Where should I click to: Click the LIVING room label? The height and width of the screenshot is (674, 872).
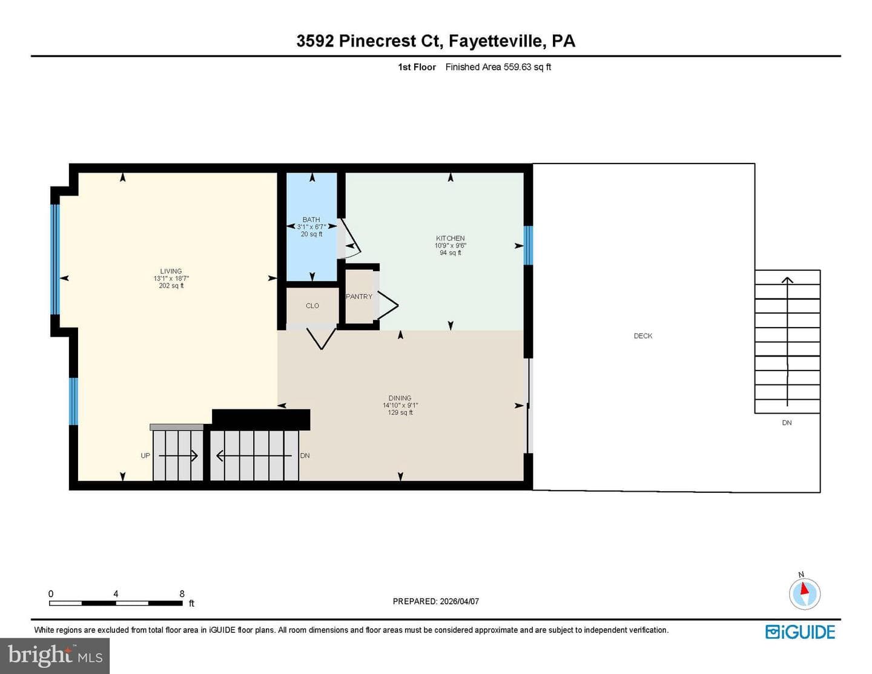point(171,271)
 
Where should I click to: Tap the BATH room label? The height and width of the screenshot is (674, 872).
point(311,219)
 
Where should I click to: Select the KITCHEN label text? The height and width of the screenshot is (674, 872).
point(451,239)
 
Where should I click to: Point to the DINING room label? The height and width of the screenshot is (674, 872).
point(400,398)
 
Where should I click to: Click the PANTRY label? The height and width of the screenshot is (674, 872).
point(359,297)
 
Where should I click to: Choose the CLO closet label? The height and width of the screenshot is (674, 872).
point(312,306)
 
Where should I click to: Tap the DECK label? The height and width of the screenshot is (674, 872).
point(643,336)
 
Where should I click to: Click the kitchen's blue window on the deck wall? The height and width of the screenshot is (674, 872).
point(528,245)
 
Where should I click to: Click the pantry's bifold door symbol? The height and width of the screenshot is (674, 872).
point(388,306)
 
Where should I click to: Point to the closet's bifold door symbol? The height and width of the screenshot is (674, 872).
point(321,339)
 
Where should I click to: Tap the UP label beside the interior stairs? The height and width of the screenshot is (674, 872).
point(145,455)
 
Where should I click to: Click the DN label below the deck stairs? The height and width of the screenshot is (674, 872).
point(787,423)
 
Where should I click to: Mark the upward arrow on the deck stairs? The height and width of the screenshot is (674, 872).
point(787,342)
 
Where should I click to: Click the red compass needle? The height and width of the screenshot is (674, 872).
point(804,589)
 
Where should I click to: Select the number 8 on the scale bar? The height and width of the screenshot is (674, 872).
point(182,593)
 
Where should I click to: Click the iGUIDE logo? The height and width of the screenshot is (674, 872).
point(800,632)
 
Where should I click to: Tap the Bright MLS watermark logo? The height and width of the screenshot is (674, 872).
point(55,656)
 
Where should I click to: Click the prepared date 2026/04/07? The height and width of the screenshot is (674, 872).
point(459,601)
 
